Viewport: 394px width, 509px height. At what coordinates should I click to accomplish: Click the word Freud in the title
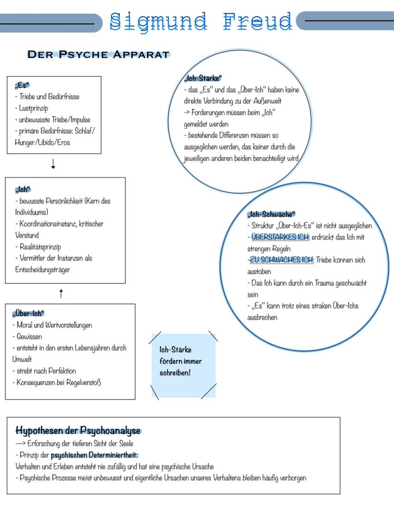[x=257, y=21]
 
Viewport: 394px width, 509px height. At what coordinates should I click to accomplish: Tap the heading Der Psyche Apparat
[x=98, y=54]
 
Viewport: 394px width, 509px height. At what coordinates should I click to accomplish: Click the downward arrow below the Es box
[x=53, y=164]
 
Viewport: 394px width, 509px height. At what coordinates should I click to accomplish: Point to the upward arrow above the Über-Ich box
[x=61, y=294]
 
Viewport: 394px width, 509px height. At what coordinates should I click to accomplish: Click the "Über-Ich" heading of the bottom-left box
[x=28, y=313]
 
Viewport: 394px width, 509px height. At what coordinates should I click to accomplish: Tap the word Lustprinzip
[x=34, y=108]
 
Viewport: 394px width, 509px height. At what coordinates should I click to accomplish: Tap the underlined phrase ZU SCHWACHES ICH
[x=281, y=260]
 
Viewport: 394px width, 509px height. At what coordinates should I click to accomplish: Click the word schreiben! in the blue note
[x=175, y=372]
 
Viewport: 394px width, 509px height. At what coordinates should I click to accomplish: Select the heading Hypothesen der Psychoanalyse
[x=79, y=430]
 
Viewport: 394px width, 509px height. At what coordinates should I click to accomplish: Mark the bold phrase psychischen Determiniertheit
[x=94, y=455]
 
